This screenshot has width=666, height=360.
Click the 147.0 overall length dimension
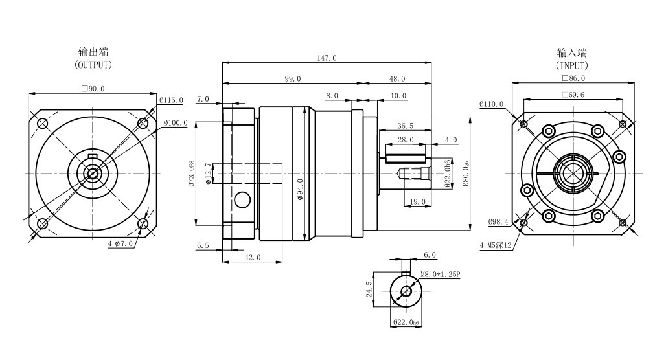[326, 58]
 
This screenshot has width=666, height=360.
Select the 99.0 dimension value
[292, 78]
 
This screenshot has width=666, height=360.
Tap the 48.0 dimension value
[396, 78]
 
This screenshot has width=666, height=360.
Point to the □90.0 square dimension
[93, 89]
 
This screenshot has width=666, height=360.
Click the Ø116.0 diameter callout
[172, 100]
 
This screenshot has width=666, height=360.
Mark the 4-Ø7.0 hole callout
[121, 243]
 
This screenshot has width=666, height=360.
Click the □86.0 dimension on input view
[573, 78]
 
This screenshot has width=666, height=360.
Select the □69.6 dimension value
[573, 95]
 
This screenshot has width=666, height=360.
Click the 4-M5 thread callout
[495, 245]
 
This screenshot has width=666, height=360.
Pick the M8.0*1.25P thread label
[440, 274]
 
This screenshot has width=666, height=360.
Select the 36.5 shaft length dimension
[406, 126]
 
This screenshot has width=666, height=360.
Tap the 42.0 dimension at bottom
[252, 258]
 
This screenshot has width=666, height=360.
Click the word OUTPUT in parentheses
[93, 65]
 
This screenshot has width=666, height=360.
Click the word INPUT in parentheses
[572, 65]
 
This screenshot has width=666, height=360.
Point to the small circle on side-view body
[242, 200]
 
